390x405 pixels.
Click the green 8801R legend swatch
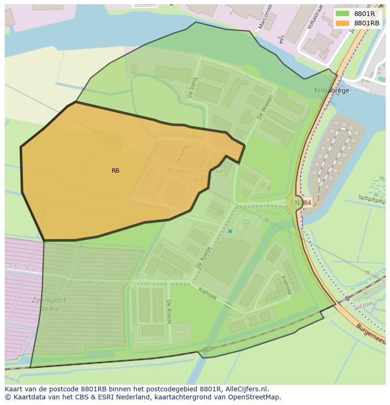(342, 14)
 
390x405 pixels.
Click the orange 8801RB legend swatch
(342, 23)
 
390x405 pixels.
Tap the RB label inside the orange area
(115, 171)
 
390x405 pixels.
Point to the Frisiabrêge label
(332, 91)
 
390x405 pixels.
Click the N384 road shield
(303, 203)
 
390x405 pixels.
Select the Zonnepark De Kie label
(49, 304)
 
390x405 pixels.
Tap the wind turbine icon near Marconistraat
(281, 40)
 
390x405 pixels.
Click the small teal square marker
(230, 231)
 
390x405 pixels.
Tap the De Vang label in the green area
(192, 88)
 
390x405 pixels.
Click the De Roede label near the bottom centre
(168, 311)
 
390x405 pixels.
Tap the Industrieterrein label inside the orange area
(198, 171)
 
